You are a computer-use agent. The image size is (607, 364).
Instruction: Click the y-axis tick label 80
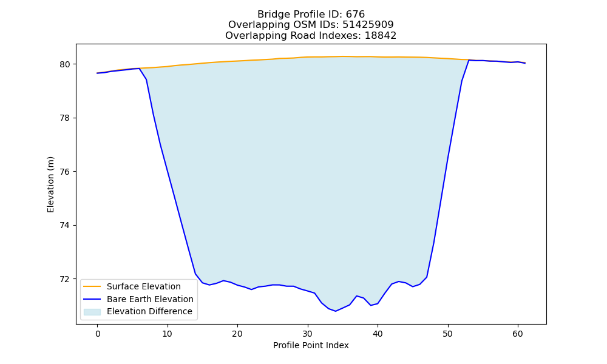[x=65, y=64]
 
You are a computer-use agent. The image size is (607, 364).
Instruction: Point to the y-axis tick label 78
[x=65, y=118]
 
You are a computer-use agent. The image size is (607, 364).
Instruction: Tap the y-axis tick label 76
[x=65, y=172]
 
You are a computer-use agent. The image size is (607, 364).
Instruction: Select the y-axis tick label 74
[x=65, y=226]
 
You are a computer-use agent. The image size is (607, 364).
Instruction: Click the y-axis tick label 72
[x=65, y=279]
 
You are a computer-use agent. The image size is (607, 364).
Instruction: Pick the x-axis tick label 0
[x=98, y=334]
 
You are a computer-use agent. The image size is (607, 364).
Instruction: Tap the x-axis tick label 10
[x=168, y=334]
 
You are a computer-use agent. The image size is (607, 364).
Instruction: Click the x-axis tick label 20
[x=237, y=334]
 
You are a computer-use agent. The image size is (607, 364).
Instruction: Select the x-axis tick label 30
[x=307, y=334]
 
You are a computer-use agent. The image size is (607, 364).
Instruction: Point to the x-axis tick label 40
[x=378, y=334]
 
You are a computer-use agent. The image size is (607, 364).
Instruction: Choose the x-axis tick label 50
[x=447, y=334]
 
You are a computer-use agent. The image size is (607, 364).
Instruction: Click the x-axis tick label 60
[x=518, y=334]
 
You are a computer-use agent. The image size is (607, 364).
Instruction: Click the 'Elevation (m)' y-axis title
[x=51, y=184]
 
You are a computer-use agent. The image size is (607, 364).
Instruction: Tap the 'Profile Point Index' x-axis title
[x=311, y=345]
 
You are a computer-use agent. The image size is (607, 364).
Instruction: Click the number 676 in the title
[x=355, y=15]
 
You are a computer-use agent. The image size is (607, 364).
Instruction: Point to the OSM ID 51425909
[x=368, y=25]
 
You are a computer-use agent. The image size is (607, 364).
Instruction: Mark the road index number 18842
[x=381, y=36]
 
